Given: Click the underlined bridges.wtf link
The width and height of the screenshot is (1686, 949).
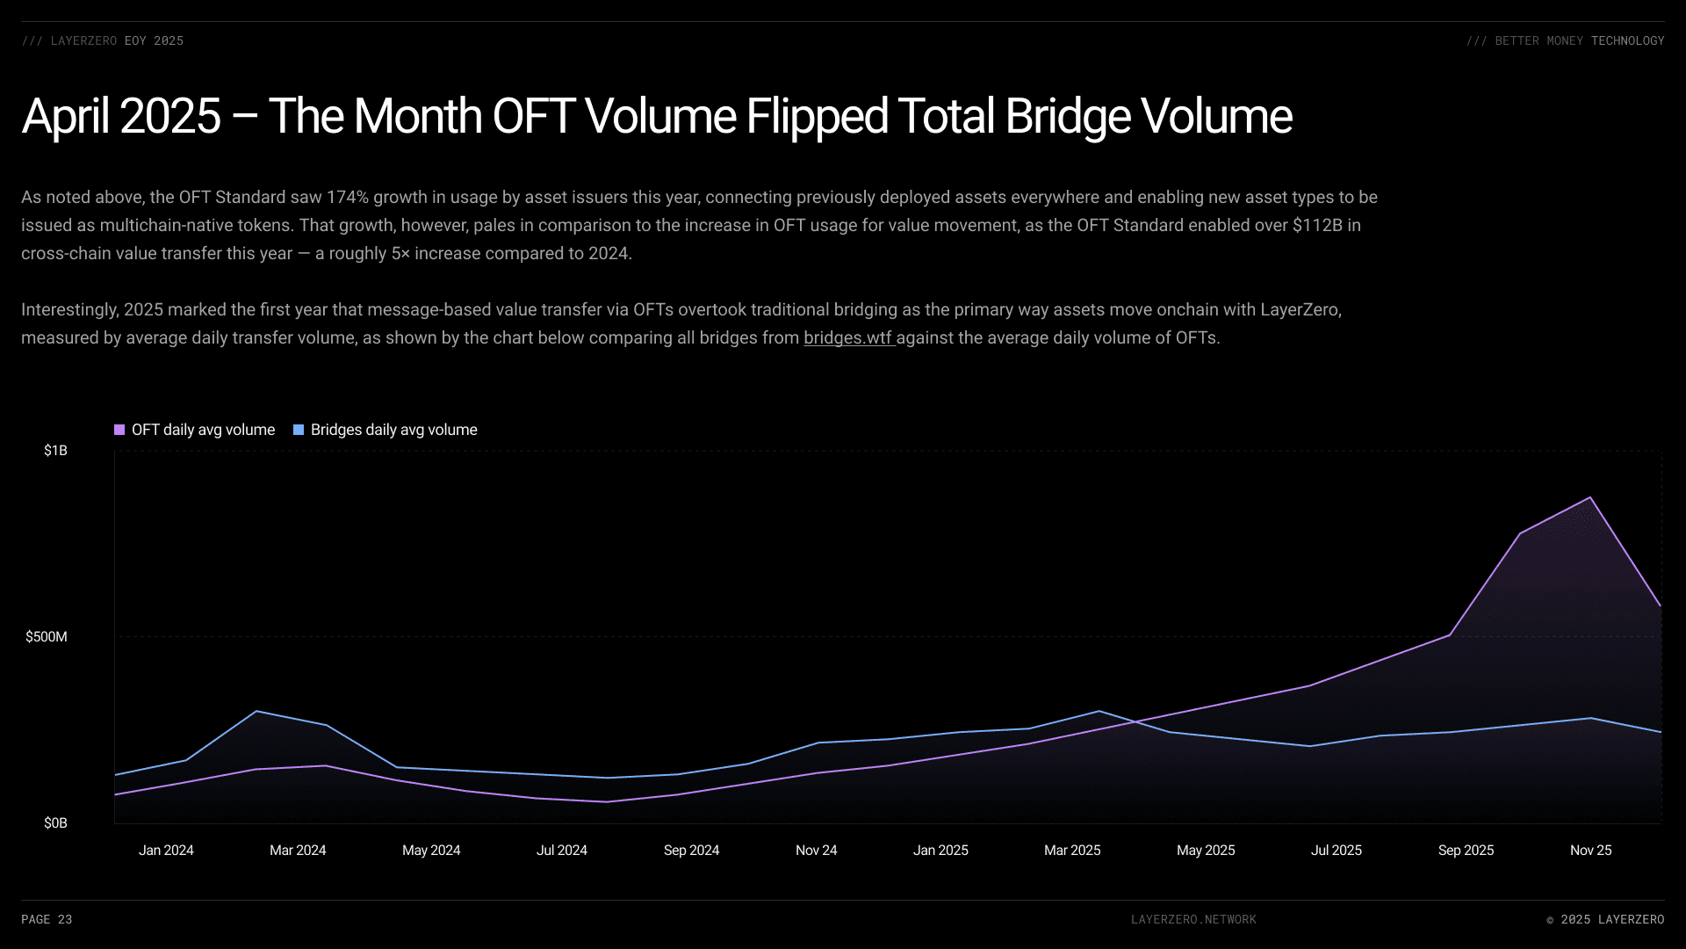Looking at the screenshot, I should pyautogui.click(x=847, y=338).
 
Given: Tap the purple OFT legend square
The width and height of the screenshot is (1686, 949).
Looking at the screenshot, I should pyautogui.click(x=119, y=430).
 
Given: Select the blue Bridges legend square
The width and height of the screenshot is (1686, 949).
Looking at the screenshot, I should pyautogui.click(x=299, y=430).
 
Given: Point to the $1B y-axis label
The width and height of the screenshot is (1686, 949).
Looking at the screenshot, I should pyautogui.click(x=55, y=451).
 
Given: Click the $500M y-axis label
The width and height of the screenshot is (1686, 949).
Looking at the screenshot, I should pyautogui.click(x=47, y=637).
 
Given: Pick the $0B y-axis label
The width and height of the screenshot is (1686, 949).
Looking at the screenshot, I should pyautogui.click(x=55, y=823).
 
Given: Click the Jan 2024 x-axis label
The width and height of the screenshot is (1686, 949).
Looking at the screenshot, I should pyautogui.click(x=166, y=851).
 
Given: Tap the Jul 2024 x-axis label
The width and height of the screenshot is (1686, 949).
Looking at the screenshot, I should pyautogui.click(x=562, y=851).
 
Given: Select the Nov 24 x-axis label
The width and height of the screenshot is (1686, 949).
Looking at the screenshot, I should pyautogui.click(x=817, y=851).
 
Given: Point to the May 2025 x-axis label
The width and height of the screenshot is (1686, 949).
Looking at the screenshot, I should pyautogui.click(x=1206, y=851).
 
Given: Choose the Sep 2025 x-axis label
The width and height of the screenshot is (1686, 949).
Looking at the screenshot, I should pyautogui.click(x=1466, y=851).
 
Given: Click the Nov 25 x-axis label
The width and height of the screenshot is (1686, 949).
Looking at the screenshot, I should pyautogui.click(x=1591, y=851).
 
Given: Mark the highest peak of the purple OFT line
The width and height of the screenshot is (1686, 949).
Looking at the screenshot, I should pyautogui.click(x=1590, y=498).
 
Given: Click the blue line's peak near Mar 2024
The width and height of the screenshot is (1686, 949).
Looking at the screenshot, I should pyautogui.click(x=256, y=711).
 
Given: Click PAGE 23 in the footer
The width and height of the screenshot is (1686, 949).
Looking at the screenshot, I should pyautogui.click(x=47, y=920).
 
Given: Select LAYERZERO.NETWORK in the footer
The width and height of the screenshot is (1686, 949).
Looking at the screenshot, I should pyautogui.click(x=1193, y=920).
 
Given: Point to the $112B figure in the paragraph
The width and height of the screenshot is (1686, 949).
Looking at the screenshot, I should pyautogui.click(x=1317, y=226).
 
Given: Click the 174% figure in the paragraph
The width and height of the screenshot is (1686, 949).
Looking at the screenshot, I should pyautogui.click(x=348, y=198).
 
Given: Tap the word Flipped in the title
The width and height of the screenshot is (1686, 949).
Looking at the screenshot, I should pyautogui.click(x=817, y=117).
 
